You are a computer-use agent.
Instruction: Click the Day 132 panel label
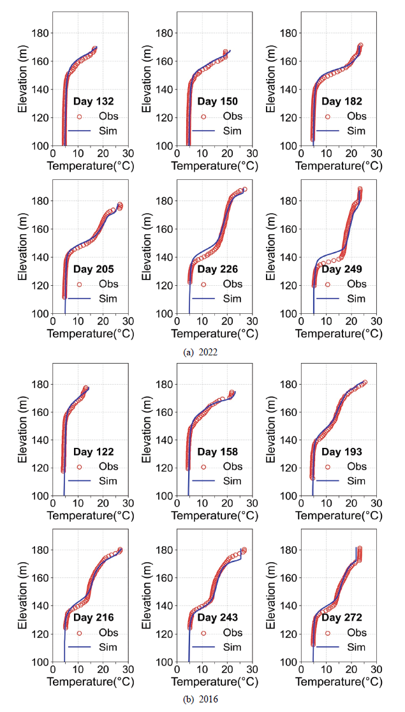pyautogui.click(x=94, y=101)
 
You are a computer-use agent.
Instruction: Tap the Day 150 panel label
pyautogui.click(x=217, y=101)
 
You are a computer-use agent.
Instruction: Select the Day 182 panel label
pyautogui.click(x=341, y=101)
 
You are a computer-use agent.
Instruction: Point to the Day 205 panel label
pyautogui.click(x=94, y=269)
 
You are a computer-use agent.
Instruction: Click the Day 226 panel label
pyautogui.click(x=217, y=269)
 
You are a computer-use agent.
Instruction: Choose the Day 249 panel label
pyautogui.click(x=341, y=269)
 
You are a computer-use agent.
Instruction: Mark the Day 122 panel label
pyautogui.click(x=94, y=452)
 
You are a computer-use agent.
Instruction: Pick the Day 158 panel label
pyautogui.click(x=217, y=452)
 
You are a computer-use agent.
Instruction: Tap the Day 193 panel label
pyautogui.click(x=341, y=452)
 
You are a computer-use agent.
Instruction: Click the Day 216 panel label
pyautogui.click(x=94, y=618)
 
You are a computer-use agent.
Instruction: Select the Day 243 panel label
pyautogui.click(x=217, y=618)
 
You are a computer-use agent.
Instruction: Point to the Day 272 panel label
pyautogui.click(x=341, y=618)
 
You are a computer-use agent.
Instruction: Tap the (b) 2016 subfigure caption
pyautogui.click(x=200, y=699)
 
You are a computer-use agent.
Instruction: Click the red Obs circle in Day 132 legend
pyautogui.click(x=80, y=116)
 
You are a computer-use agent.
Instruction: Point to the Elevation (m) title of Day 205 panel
pyautogui.click(x=24, y=248)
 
